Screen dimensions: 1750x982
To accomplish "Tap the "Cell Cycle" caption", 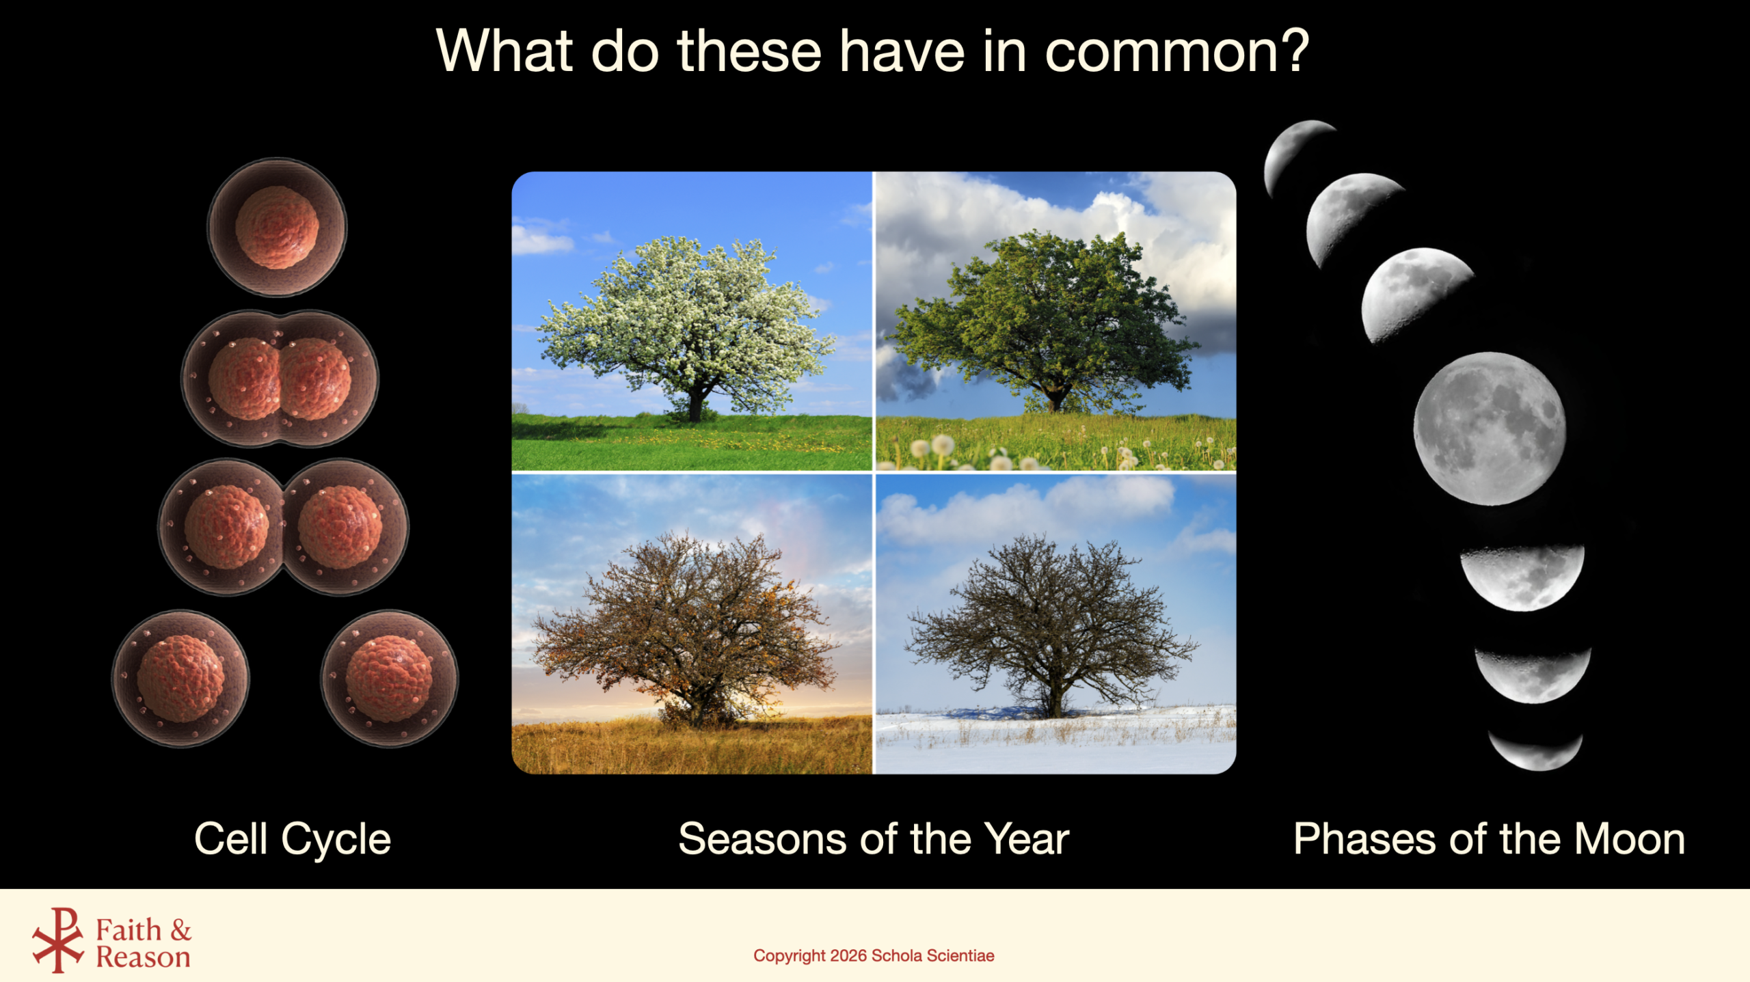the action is pos(293,839).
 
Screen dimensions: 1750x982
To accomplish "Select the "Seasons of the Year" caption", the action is pos(874,839).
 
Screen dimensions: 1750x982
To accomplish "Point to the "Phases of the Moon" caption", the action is pos(1489,839).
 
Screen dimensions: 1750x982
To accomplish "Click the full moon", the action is pos(1490,428).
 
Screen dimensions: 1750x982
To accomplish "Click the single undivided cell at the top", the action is pos(277,228).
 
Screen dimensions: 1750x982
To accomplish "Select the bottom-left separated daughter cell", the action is pos(180,679).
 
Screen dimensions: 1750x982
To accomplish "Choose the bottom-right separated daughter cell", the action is pos(390,679).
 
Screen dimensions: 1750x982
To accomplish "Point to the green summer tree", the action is pos(1046,321).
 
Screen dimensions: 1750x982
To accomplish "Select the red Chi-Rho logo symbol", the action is pos(58,940).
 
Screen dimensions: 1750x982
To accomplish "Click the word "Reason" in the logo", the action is pos(143,957).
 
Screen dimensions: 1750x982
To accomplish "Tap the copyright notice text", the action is pos(874,955).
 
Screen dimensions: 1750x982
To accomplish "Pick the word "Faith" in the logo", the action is pos(129,930).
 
